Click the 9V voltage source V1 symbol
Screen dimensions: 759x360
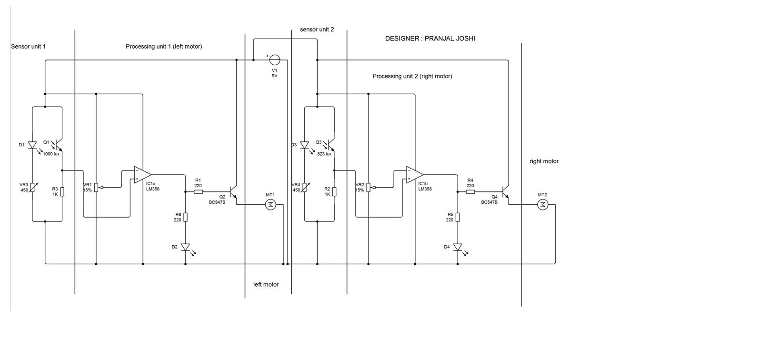tap(275, 60)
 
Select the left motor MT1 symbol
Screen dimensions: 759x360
tap(270, 205)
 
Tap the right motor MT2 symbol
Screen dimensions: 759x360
tap(543, 205)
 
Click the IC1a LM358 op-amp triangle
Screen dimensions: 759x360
tap(143, 175)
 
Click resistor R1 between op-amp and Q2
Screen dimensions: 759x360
tap(199, 192)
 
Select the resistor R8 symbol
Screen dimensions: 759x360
tap(185, 217)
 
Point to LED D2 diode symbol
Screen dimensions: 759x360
tap(185, 248)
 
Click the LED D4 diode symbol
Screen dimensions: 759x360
tap(458, 248)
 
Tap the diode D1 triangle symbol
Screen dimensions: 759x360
tap(32, 145)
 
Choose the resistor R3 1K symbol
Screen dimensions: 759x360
tap(62, 192)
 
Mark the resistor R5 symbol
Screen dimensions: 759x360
tap(458, 217)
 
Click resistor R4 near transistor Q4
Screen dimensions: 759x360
tap(470, 192)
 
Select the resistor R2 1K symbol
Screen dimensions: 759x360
tap(334, 192)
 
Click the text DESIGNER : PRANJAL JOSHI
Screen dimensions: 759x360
tap(430, 39)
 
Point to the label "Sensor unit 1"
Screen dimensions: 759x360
tap(28, 47)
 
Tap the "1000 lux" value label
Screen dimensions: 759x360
tap(51, 154)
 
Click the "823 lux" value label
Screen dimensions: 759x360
tap(324, 154)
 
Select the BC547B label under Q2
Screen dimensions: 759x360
tap(217, 202)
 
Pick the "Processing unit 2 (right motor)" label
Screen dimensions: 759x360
tap(412, 76)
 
